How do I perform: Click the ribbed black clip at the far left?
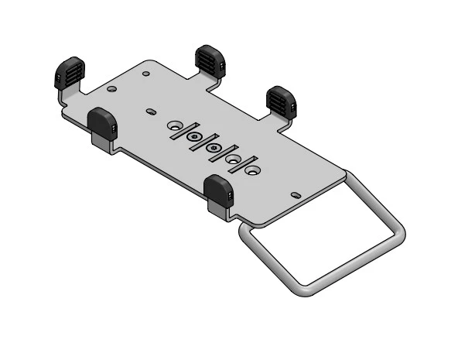(68, 73)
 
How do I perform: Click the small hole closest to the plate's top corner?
(146, 74)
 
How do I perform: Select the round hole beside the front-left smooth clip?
(113, 90)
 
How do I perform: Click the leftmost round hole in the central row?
(176, 125)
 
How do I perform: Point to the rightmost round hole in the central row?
(252, 168)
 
